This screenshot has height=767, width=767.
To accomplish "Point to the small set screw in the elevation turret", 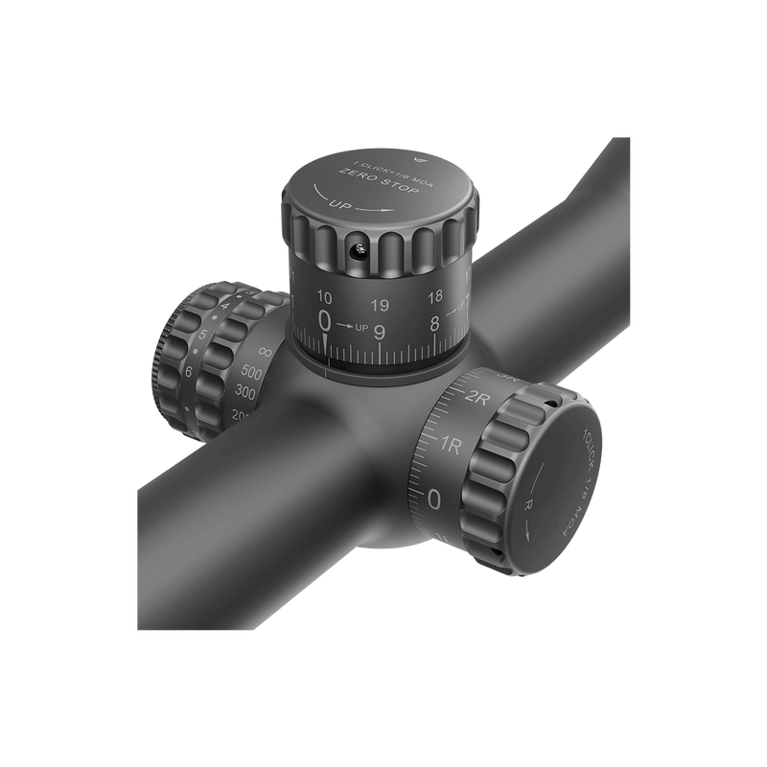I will tap(358, 251).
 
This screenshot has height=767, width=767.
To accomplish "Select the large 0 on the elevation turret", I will tap(326, 321).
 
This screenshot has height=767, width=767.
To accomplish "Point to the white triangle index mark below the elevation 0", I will tap(326, 342).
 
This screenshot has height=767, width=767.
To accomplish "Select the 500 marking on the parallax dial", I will tap(253, 372).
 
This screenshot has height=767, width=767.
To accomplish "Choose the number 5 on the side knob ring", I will tap(201, 336).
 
